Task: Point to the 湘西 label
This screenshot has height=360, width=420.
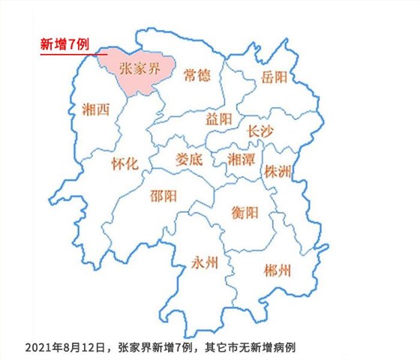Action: point(94,109)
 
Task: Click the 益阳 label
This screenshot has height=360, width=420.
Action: point(219,118)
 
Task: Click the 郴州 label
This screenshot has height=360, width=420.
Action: point(278,269)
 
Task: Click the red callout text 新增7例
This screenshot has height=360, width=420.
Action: point(64,45)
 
